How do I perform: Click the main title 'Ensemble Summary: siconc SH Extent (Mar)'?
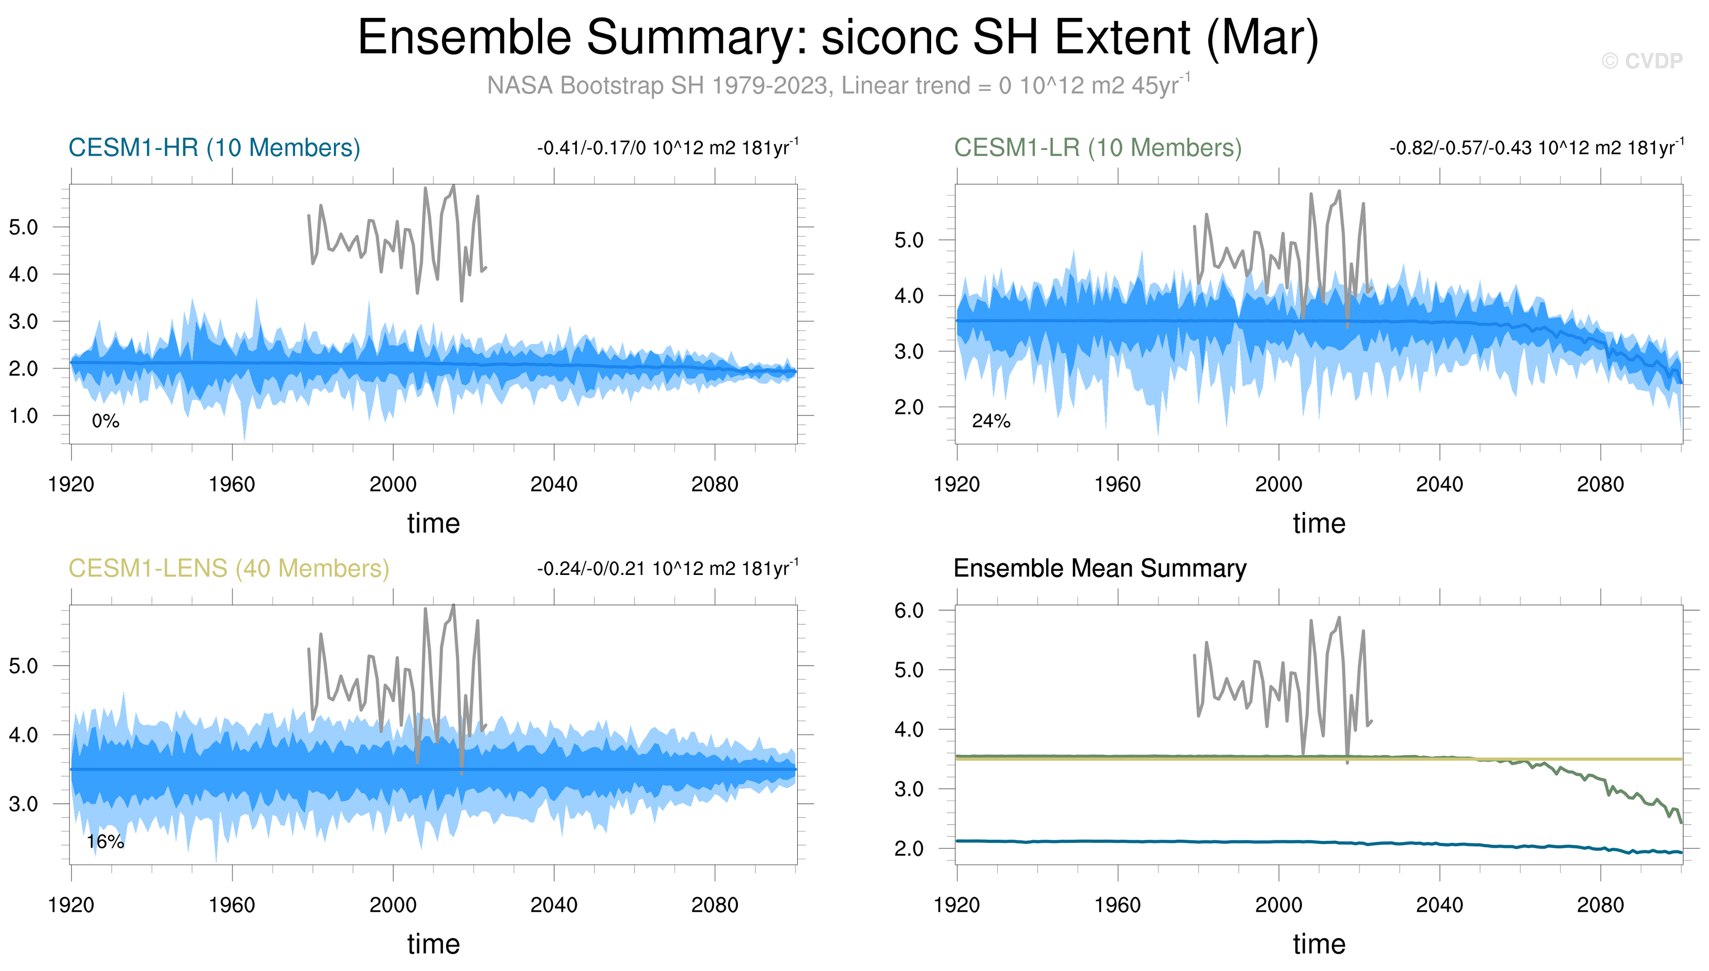coord(838,37)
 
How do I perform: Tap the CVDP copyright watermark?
coord(1642,61)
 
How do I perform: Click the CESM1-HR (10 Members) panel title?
coord(214,147)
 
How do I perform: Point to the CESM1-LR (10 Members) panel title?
coord(1098,147)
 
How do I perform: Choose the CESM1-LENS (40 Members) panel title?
coord(229,568)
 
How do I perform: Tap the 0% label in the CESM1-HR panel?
coord(106,421)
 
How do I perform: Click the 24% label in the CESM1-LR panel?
coord(991,421)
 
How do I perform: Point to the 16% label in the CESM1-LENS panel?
coord(106,841)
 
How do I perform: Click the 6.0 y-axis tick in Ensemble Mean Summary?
coord(909,610)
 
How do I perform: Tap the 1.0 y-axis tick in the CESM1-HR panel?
coord(23,415)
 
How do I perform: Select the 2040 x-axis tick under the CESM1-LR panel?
coord(1440,484)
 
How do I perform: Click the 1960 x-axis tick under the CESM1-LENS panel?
coord(232,905)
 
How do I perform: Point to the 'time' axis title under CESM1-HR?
coord(434,524)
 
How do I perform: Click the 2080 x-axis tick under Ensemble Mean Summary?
coord(1600,905)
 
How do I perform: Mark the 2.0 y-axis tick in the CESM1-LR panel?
coord(909,407)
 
